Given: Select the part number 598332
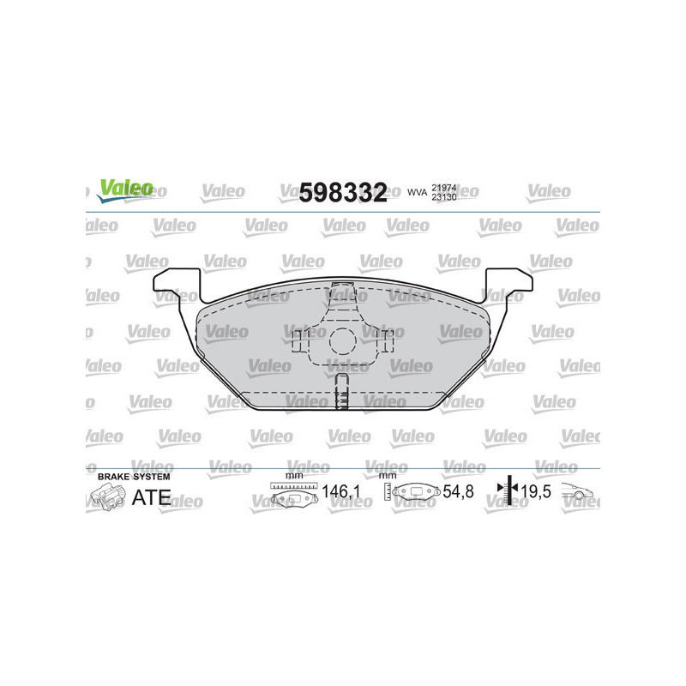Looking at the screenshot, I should pyautogui.click(x=343, y=193).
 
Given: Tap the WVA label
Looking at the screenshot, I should pyautogui.click(x=416, y=194).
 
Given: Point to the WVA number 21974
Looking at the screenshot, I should pyautogui.click(x=444, y=188).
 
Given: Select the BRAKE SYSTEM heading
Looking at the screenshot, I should pyautogui.click(x=134, y=475).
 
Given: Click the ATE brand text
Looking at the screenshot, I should pyautogui.click(x=150, y=496).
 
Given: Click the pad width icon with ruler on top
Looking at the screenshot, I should pyautogui.click(x=293, y=493).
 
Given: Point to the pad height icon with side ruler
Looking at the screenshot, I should pyautogui.click(x=415, y=493).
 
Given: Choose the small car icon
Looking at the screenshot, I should pyautogui.click(x=580, y=491).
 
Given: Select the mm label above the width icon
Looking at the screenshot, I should pyautogui.click(x=293, y=474).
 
